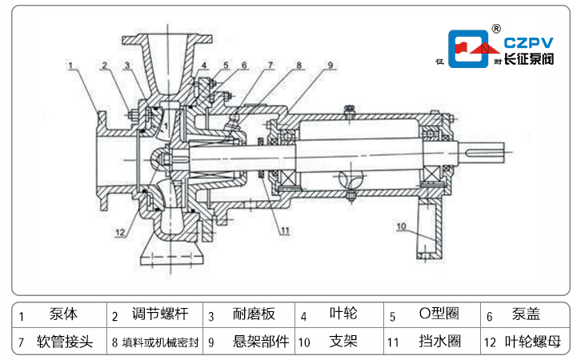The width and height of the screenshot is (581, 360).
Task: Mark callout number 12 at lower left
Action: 119,232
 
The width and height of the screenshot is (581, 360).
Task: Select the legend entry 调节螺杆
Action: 155,315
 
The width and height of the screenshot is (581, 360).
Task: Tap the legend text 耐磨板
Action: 254,315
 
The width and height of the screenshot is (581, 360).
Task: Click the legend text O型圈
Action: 439,315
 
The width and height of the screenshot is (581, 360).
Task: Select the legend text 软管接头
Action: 65,342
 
